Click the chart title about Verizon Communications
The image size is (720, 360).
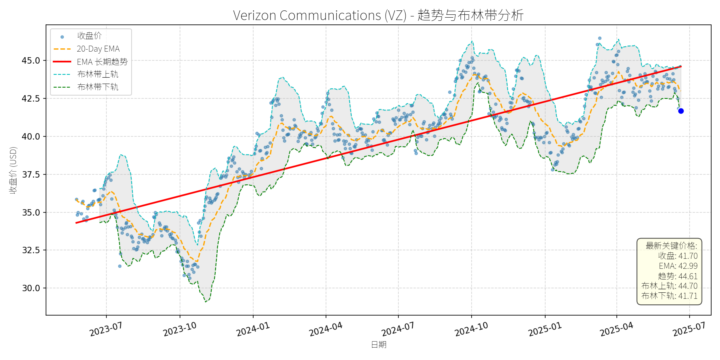(378, 15)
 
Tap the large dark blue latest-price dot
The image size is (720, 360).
(681, 111)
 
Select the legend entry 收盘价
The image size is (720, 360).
(89, 36)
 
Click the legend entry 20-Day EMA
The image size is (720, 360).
(98, 49)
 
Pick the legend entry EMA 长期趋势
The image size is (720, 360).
(102, 62)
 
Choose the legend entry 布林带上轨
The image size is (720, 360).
(98, 74)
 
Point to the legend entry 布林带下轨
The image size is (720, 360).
(98, 87)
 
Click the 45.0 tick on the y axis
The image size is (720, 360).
(31, 61)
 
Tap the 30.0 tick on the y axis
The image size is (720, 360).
(31, 288)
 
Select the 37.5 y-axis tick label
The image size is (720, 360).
(31, 174)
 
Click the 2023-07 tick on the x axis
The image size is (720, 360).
(106, 330)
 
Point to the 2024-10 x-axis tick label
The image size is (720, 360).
(472, 330)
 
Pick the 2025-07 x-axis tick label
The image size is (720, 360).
(689, 330)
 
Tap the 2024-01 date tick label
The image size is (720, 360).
(253, 330)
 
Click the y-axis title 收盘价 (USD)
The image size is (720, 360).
(13, 170)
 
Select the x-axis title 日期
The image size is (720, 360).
(378, 345)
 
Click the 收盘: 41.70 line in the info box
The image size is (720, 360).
(678, 256)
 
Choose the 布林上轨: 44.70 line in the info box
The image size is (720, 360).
(669, 286)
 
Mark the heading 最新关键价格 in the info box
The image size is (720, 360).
(671, 246)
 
